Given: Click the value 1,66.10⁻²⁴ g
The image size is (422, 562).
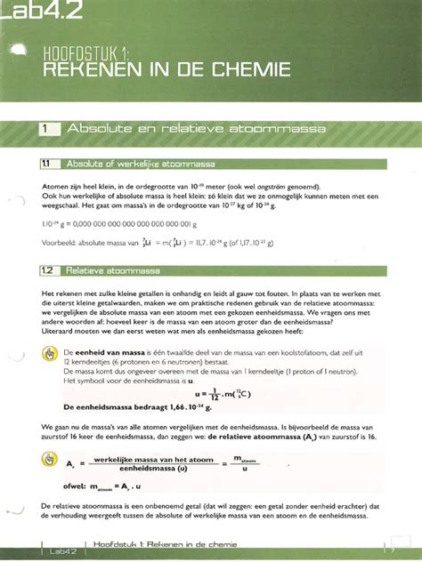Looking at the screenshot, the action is pos(191,408).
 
